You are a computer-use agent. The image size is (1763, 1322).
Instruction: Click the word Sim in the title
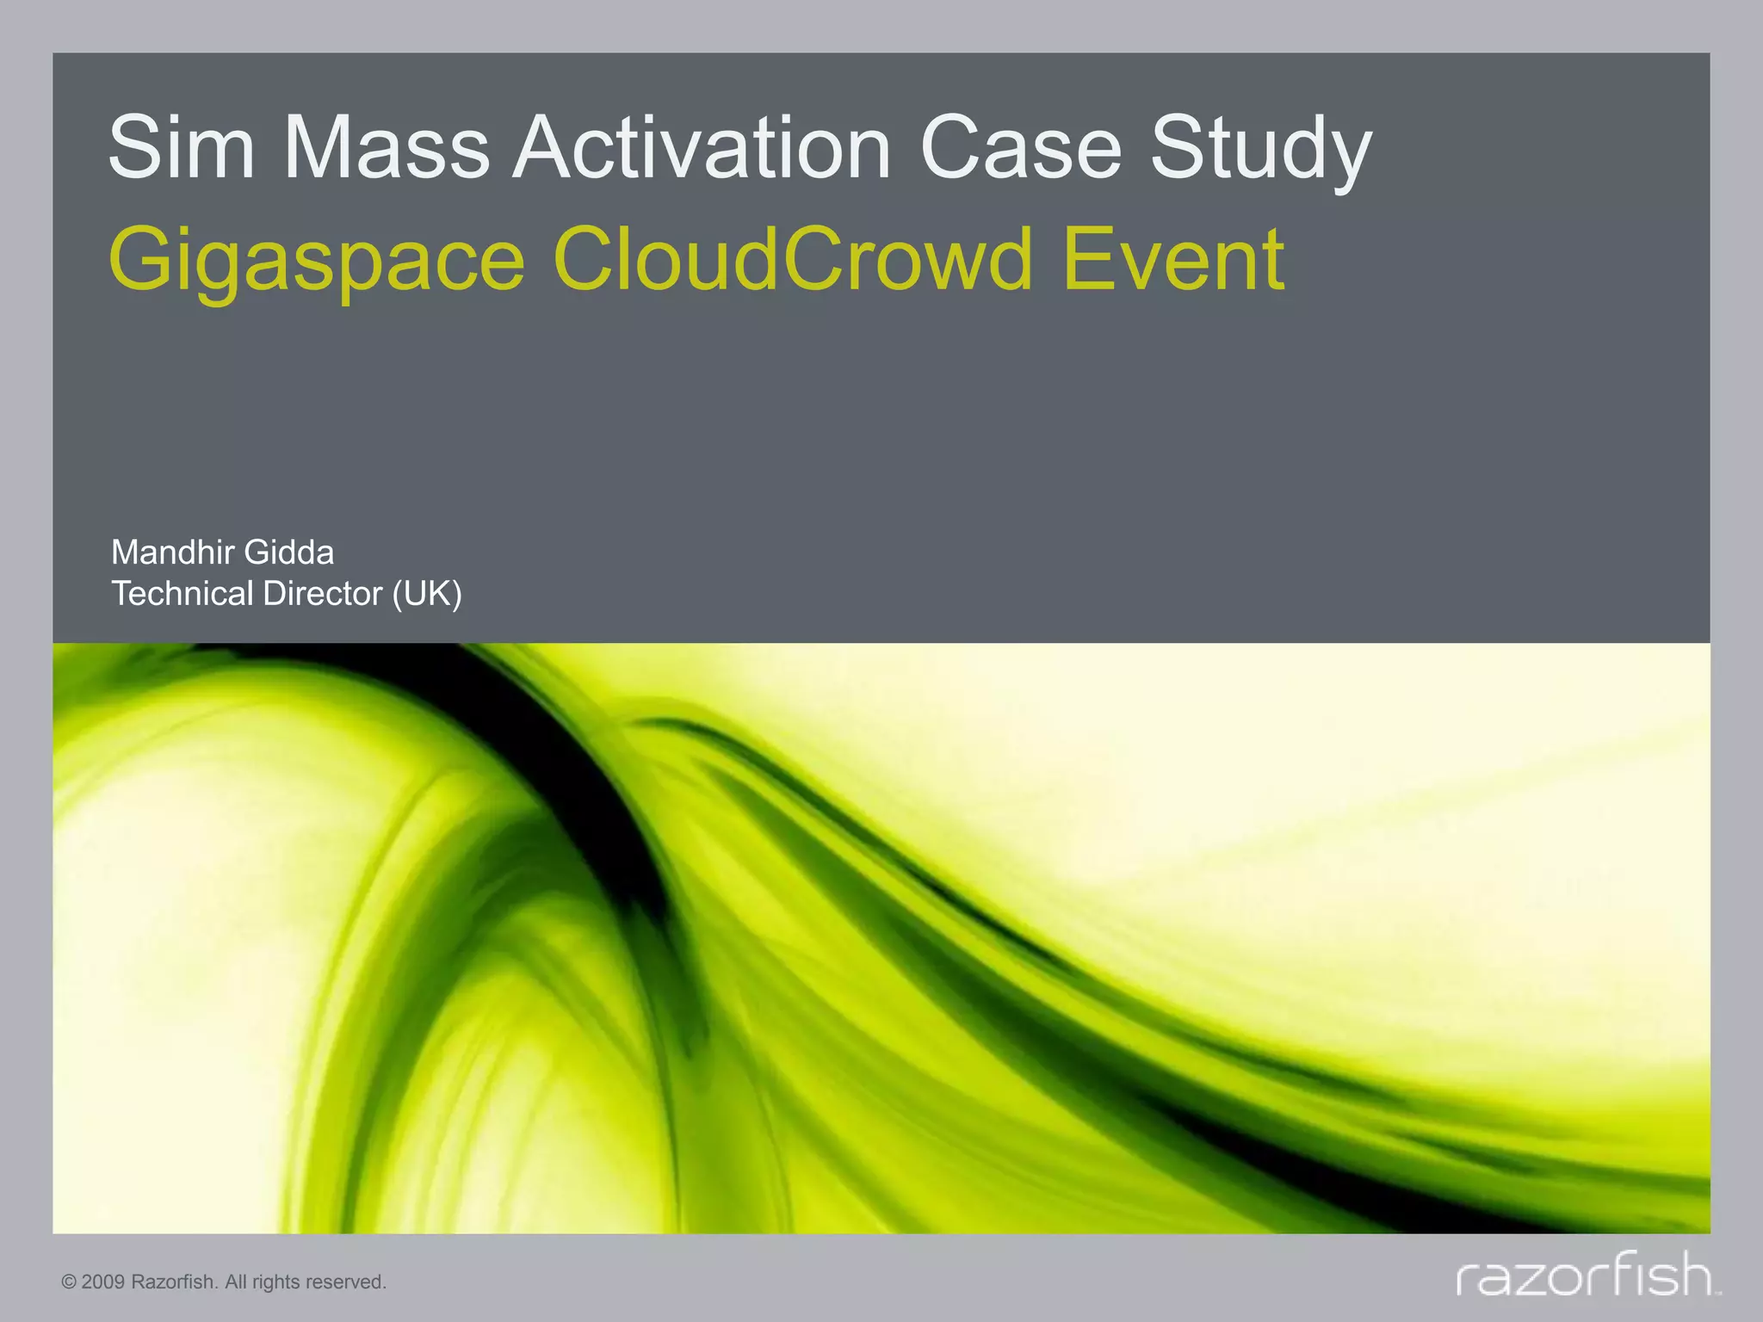pos(182,148)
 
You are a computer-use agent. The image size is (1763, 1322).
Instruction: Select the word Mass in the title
pos(387,148)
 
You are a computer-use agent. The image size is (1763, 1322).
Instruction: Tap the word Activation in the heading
pos(702,148)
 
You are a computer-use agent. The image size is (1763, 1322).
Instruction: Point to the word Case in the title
pos(1021,148)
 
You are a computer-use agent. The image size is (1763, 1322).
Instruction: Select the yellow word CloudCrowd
pos(793,258)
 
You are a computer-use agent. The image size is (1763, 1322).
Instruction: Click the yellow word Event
pos(1174,258)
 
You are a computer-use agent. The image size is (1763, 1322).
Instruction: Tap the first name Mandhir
pos(172,553)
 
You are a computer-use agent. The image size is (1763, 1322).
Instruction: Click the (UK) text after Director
pos(427,595)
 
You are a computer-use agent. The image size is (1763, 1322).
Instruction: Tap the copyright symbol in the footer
pos(69,1282)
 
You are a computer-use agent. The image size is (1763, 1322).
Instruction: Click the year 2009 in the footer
pos(103,1282)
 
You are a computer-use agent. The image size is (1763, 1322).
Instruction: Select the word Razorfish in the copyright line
pos(174,1282)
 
